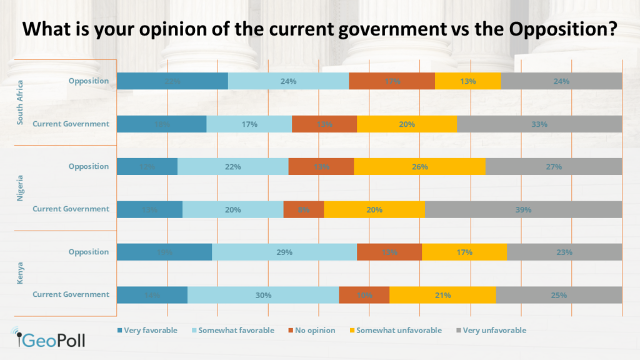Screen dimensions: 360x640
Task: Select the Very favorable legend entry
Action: pyautogui.click(x=147, y=330)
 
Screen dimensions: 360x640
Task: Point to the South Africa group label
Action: pyautogui.click(x=20, y=102)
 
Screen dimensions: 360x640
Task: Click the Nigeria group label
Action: pyautogui.click(x=20, y=188)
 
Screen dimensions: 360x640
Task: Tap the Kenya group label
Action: pyautogui.click(x=20, y=274)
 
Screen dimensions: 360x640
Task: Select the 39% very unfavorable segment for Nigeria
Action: pyautogui.click(x=523, y=209)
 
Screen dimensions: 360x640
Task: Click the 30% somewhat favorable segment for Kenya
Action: pyautogui.click(x=262, y=295)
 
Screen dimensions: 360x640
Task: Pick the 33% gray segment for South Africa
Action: pyautogui.click(x=539, y=124)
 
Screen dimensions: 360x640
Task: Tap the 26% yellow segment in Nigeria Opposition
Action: pyautogui.click(x=419, y=167)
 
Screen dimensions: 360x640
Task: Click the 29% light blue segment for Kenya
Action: pyautogui.click(x=284, y=252)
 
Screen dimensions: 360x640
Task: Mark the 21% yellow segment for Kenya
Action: pyautogui.click(x=442, y=295)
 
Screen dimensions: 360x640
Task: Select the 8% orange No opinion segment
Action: pyautogui.click(x=304, y=209)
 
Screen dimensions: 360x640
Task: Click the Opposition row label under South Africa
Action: pyautogui.click(x=89, y=81)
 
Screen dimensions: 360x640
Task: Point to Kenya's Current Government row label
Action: pyautogui.click(x=71, y=295)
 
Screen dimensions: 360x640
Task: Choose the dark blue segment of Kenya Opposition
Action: pyautogui.click(x=164, y=252)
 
